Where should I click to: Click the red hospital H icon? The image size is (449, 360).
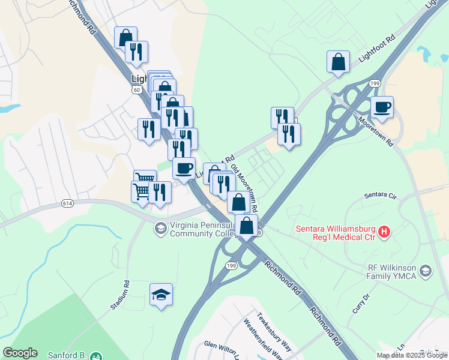pos(385,230)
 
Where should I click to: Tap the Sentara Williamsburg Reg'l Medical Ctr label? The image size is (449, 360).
pos(336,233)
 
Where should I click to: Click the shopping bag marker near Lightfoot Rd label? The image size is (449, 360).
pos(339,62)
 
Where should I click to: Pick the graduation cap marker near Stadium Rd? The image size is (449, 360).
pos(161,295)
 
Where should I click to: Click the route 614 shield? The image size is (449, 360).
pos(67,204)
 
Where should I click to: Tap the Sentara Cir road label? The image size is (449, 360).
pos(381,196)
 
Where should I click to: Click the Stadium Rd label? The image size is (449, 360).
pos(119,295)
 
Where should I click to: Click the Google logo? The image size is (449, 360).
pos(20,353)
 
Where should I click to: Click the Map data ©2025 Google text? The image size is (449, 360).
pos(411,355)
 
